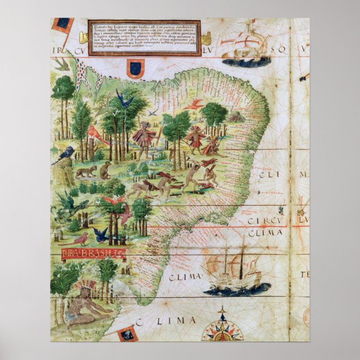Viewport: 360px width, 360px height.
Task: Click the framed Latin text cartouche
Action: point(144,38)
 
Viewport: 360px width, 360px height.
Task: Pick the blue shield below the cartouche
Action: point(134,69)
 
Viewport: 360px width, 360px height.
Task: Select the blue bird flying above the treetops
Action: point(124,99)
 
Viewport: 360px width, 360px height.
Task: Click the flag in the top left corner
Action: point(63,25)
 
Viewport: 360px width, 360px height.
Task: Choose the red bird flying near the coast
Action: point(194,105)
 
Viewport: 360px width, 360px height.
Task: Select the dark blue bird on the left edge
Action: point(64,154)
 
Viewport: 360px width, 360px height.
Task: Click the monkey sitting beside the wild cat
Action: point(105,169)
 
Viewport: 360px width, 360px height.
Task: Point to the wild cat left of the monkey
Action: point(86,170)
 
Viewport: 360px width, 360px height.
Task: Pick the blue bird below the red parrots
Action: point(101,234)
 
